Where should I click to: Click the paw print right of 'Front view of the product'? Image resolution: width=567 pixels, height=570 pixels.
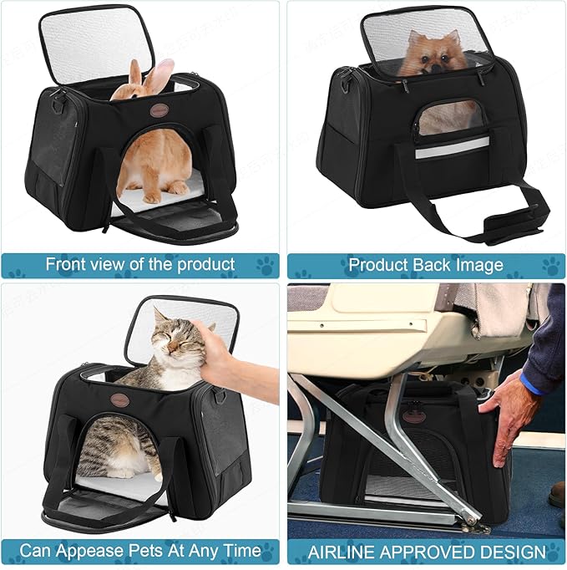[265, 265]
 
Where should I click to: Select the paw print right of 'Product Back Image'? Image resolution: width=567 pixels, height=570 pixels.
[549, 265]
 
